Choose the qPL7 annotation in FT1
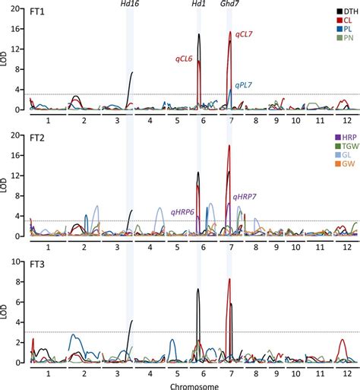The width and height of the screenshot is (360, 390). pyautogui.click(x=244, y=85)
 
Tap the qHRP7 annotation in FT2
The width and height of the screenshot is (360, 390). pyautogui.click(x=245, y=197)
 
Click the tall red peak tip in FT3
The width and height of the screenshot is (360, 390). pyautogui.click(x=229, y=279)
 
